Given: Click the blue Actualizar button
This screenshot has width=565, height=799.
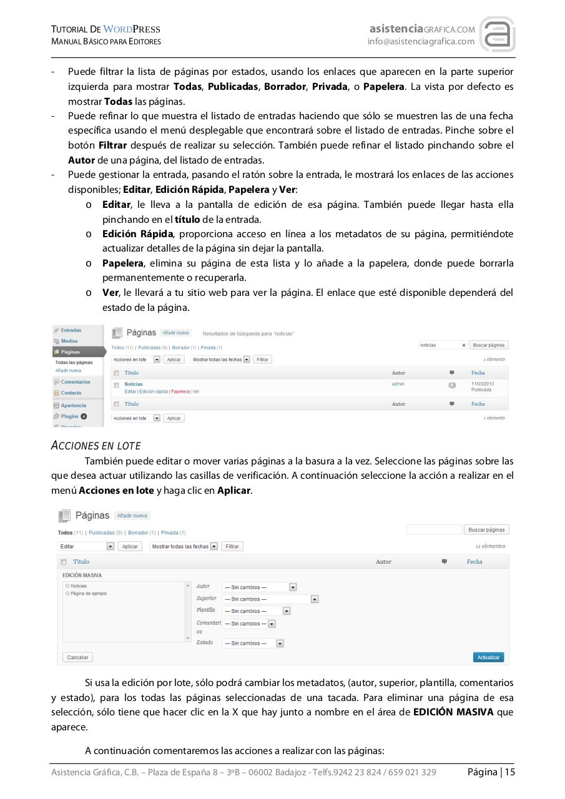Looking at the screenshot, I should [x=488, y=657].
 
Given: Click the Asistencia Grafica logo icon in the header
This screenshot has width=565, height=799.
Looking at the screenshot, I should [x=497, y=35].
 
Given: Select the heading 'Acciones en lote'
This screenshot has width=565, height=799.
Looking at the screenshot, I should [x=96, y=446].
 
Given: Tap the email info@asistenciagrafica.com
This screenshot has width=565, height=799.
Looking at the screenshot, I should [x=421, y=42].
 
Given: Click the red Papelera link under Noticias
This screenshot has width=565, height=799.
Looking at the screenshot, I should [x=180, y=391].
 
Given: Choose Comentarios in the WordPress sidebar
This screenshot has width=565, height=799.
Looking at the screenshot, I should [x=75, y=382].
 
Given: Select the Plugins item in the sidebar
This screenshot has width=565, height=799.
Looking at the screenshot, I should [x=69, y=416].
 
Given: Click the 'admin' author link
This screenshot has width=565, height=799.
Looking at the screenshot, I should [x=398, y=384].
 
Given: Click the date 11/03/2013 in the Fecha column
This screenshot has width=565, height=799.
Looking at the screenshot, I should [x=481, y=384].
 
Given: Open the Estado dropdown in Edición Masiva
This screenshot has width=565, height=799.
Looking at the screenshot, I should [x=253, y=644].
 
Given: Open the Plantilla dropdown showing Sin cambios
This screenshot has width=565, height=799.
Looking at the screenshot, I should [x=257, y=611].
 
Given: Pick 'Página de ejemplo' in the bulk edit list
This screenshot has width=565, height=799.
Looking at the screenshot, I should [x=88, y=594].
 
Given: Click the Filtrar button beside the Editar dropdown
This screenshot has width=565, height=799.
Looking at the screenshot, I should [x=232, y=546].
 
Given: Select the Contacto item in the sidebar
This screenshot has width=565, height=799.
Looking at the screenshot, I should [x=71, y=393].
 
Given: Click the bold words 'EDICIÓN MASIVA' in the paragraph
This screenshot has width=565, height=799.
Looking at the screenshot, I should [x=453, y=712].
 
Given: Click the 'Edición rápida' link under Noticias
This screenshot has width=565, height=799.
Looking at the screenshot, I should [x=153, y=391].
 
